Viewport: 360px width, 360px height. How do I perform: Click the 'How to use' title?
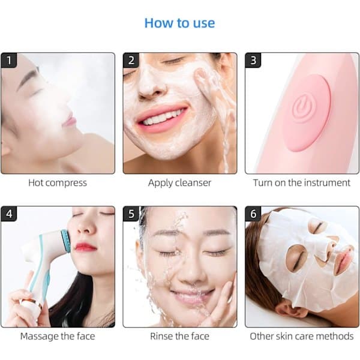pos(179,23)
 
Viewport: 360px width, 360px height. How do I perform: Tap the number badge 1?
pos(9,61)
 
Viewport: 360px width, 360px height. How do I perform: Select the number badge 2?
pos(131,61)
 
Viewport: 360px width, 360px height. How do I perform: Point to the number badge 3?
pos(253,61)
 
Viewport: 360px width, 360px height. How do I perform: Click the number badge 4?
pos(9,214)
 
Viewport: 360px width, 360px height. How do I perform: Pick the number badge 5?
pos(131,214)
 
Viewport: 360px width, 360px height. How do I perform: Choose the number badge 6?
pos(253,214)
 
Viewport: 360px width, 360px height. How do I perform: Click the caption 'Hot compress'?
pos(58,183)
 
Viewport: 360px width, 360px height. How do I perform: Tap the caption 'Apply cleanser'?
pos(179,183)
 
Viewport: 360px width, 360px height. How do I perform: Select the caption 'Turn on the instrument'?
pos(302,183)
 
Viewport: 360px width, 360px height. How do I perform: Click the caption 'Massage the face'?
pos(58,337)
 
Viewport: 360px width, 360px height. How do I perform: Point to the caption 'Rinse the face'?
pos(179,337)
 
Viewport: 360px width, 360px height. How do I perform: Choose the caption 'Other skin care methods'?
pos(302,337)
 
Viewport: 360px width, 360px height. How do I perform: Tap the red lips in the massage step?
pos(85,247)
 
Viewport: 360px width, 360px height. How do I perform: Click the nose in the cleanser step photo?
pos(152,86)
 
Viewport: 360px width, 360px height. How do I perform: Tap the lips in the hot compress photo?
pos(70,120)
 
